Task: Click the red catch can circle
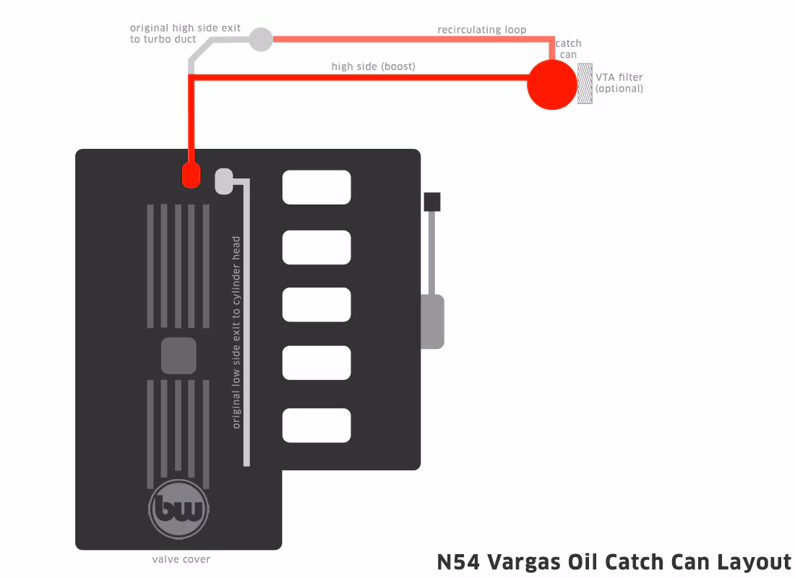(552, 85)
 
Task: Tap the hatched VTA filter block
(585, 84)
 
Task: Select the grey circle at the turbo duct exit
(261, 39)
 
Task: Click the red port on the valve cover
(191, 175)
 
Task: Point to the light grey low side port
(224, 181)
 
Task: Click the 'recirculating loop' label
(481, 30)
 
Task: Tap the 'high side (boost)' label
(373, 66)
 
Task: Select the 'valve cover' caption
(181, 559)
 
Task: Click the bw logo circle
(179, 509)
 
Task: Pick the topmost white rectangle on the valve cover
(317, 187)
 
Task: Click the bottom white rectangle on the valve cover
(317, 426)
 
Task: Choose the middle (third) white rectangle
(317, 305)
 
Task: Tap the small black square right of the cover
(432, 202)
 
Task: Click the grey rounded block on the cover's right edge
(432, 322)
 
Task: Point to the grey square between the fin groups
(179, 355)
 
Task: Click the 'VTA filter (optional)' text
(619, 82)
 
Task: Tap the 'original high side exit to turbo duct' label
(185, 33)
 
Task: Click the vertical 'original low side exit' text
(236, 332)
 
